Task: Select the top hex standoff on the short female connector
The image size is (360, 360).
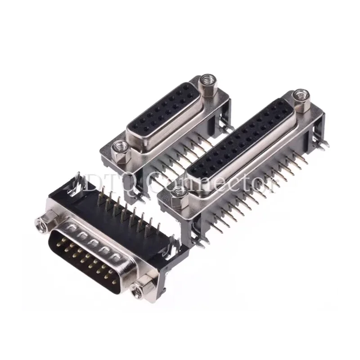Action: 207,81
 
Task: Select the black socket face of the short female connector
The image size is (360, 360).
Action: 163,112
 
